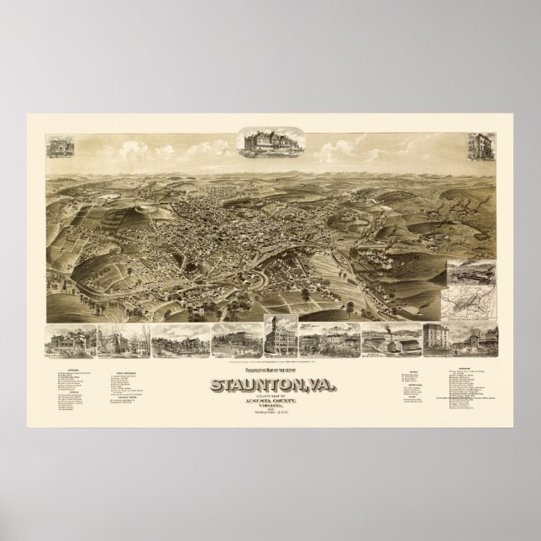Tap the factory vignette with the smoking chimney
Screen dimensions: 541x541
[382, 339]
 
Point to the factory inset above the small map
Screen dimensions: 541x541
[469, 272]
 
